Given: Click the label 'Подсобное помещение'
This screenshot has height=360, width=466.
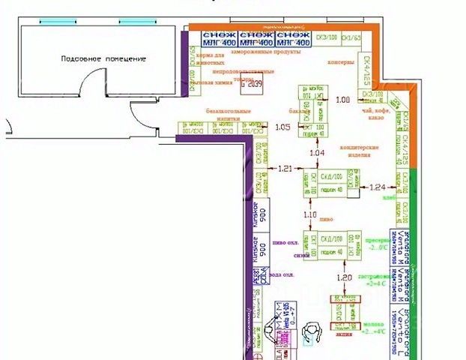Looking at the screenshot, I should coord(104,58).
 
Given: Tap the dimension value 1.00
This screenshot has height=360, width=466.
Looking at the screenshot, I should coord(343,99).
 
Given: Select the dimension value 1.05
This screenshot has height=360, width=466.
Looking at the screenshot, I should coord(282,127).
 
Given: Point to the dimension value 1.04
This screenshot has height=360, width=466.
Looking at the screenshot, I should coord(317,153).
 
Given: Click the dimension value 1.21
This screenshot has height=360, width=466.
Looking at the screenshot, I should coord(285,169).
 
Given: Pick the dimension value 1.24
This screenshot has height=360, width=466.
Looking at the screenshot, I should coord(378,187).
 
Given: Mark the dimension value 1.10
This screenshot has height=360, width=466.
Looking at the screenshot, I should coord(310,215).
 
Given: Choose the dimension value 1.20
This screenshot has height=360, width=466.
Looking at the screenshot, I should coord(344,278).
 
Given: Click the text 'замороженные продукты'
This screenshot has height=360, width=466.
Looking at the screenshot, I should coord(266,53).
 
